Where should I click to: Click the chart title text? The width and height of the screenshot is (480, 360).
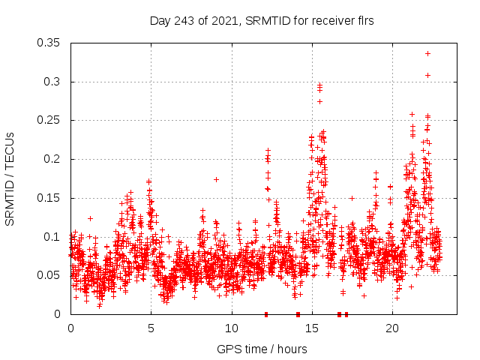[x=262, y=21]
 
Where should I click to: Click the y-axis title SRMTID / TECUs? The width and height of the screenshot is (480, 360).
[x=10, y=179]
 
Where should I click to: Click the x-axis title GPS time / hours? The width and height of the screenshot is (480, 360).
[x=262, y=349]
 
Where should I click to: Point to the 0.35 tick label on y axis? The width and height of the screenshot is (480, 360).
[x=50, y=43]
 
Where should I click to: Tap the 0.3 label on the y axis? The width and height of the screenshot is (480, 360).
[x=53, y=82]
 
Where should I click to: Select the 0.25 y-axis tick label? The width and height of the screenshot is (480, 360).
[x=50, y=120]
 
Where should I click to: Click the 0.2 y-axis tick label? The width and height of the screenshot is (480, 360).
[x=53, y=159]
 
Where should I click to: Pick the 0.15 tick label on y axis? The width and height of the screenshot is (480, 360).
[x=50, y=198]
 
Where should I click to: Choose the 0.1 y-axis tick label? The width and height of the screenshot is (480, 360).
[x=53, y=237]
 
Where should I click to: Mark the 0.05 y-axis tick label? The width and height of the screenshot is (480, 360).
[x=50, y=275]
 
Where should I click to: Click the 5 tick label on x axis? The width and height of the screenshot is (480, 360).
[x=151, y=328]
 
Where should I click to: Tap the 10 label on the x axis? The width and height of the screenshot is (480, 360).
[x=231, y=328]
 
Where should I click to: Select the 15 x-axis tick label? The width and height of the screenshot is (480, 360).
[x=311, y=328]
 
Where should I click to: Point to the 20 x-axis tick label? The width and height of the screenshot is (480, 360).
[x=391, y=328]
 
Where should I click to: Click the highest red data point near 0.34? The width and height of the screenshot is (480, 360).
[x=427, y=53]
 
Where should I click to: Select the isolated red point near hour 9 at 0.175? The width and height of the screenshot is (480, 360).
[x=216, y=179]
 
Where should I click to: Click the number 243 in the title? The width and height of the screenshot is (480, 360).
[x=185, y=21]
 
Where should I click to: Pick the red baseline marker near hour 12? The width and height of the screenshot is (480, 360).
[x=266, y=314]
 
